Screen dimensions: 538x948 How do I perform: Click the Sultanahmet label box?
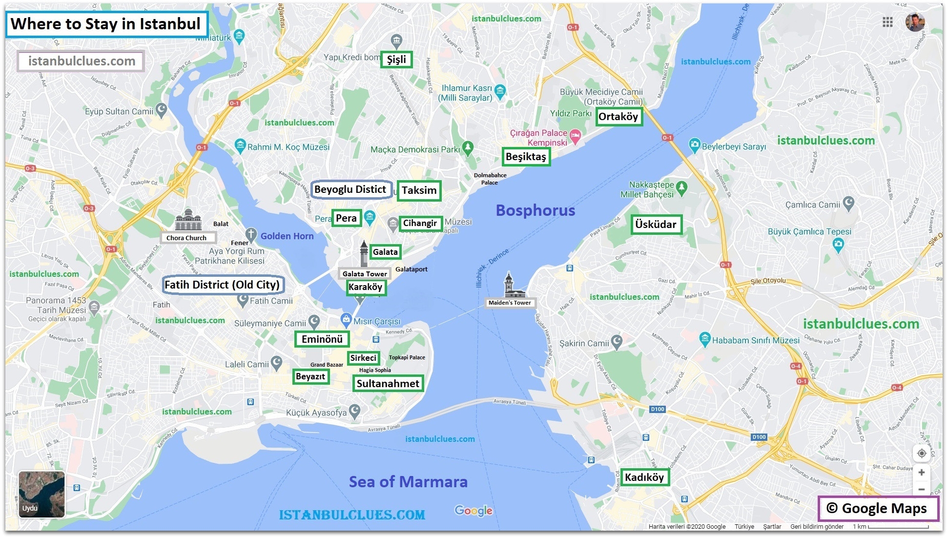coord(388,384)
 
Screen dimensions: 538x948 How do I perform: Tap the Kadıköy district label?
coord(644,477)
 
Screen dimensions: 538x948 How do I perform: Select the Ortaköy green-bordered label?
coord(618,117)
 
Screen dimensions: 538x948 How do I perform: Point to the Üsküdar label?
coord(656,225)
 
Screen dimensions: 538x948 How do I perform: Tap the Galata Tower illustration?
coord(364,253)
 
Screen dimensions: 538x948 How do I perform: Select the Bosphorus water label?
coord(535,210)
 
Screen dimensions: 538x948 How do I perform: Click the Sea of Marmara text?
coord(408,482)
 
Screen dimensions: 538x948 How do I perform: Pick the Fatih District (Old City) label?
coord(222,285)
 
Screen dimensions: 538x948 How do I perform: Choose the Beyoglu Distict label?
coord(350,189)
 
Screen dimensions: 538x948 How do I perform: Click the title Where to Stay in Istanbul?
coord(106,24)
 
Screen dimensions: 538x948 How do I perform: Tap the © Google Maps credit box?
coord(877,509)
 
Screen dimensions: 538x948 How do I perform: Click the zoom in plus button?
coord(921,473)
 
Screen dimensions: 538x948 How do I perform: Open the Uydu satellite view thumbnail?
coord(41,494)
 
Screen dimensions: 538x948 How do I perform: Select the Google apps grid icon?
coord(887,22)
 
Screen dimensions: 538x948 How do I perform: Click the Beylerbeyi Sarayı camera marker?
coord(694,145)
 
